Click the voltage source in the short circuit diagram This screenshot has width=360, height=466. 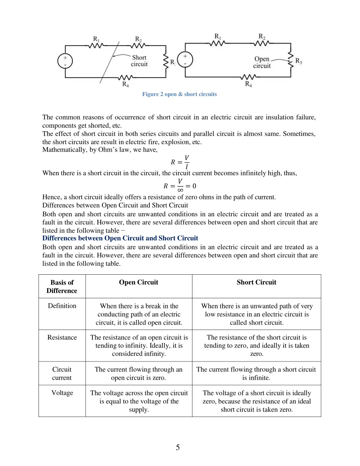[65, 61]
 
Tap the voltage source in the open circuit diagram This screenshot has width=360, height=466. [185, 59]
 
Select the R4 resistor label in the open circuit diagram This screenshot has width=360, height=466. [248, 84]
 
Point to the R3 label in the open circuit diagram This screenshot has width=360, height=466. [298, 61]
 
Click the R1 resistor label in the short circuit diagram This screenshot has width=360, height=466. [96, 39]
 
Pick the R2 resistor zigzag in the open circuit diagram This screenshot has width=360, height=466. [261, 43]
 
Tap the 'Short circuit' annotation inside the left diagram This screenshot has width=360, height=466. [139, 61]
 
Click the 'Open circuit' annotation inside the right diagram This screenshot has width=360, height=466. [262, 62]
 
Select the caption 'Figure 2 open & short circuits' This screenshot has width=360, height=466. [179, 94]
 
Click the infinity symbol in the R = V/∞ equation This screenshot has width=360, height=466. [180, 190]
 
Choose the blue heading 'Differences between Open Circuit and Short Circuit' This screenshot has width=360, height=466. [120, 238]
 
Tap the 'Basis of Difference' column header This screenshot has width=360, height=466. [62, 286]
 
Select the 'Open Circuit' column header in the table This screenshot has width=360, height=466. [139, 282]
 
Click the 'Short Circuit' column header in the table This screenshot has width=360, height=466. [256, 282]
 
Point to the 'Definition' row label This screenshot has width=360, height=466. [62, 306]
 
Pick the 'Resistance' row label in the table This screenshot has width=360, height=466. [62, 337]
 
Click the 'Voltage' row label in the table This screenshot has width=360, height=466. [62, 392]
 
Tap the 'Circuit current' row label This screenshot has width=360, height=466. [62, 374]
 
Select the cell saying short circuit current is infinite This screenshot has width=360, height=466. [256, 374]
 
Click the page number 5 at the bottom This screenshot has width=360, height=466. [178, 447]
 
